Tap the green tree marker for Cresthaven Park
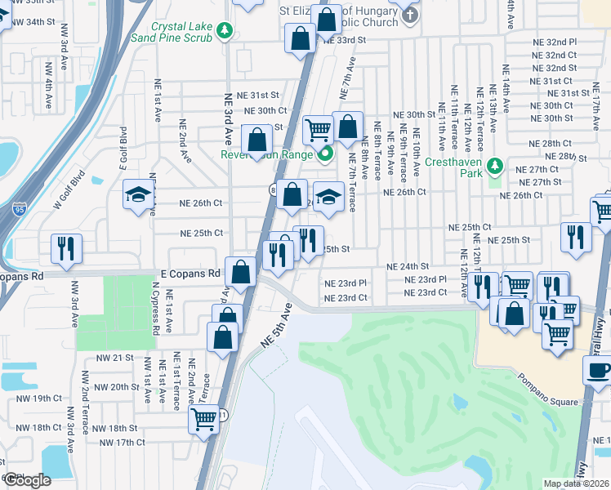point(493,167)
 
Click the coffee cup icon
point(598,370)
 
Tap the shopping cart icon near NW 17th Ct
point(203,420)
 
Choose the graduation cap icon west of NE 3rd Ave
point(139,195)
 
